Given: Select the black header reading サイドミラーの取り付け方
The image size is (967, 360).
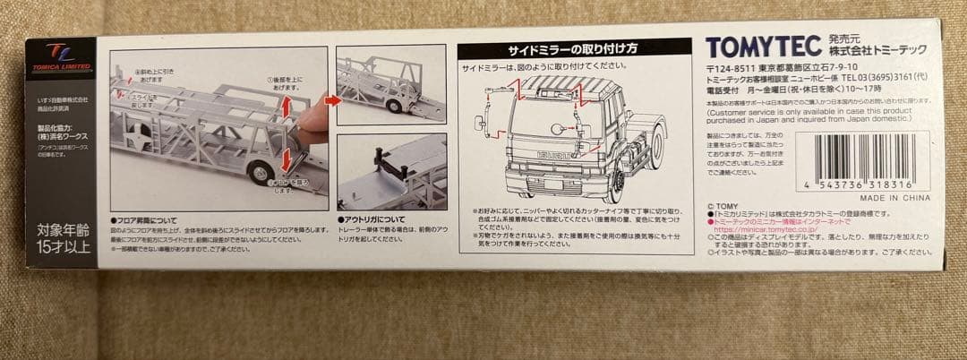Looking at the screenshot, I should (x=574, y=48).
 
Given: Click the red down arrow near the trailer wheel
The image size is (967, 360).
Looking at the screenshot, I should (x=286, y=159).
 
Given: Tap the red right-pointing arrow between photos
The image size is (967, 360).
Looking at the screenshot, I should (x=332, y=100).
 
